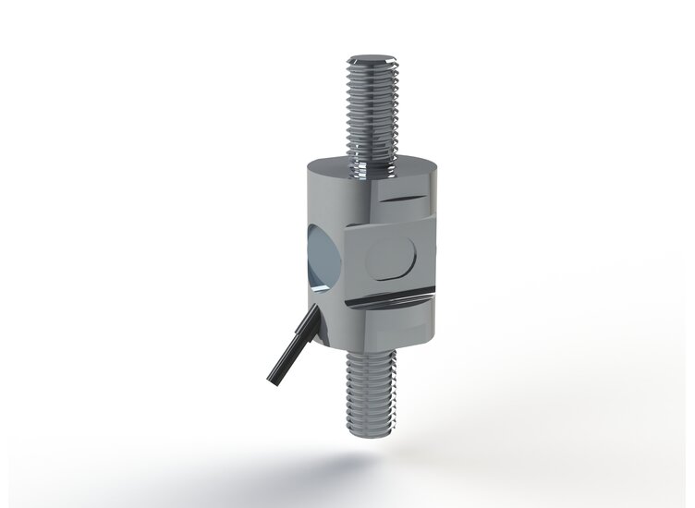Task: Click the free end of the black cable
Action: (x=274, y=378)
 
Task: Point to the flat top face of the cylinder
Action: (x=370, y=174)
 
